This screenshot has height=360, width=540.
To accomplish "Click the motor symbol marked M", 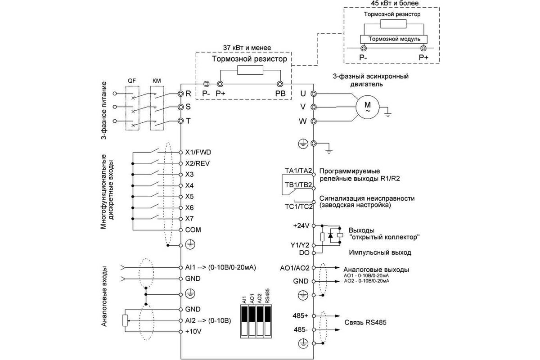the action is [x=367, y=107].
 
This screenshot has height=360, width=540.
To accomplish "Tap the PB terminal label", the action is [x=280, y=94].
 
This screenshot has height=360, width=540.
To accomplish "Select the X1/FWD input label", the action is [x=198, y=153].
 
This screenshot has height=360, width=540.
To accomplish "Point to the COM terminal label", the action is [x=193, y=230].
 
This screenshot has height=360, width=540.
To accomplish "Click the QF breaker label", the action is [x=131, y=81].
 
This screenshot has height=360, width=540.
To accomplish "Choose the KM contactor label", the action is [x=157, y=81].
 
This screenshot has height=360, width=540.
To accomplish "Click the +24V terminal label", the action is [x=301, y=226].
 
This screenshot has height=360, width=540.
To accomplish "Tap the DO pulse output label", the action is [x=304, y=253].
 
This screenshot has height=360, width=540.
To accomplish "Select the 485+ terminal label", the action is [x=301, y=315].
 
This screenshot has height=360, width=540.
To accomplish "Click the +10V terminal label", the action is [x=193, y=332].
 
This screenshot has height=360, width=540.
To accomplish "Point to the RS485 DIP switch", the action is [x=268, y=320].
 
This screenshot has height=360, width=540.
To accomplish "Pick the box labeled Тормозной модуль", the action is [x=394, y=39].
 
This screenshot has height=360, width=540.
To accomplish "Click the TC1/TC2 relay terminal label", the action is [x=299, y=207].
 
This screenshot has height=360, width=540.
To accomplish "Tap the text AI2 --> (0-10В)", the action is [x=208, y=321].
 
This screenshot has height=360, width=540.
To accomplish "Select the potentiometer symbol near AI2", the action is [x=125, y=320].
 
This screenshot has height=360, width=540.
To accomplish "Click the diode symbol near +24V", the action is [x=330, y=235].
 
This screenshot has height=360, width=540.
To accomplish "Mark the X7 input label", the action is [x=189, y=219].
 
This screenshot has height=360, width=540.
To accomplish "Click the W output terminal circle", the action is [x=313, y=121].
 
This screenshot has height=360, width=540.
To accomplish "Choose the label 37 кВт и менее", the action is [x=247, y=48].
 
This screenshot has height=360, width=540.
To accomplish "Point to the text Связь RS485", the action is [x=365, y=322].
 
